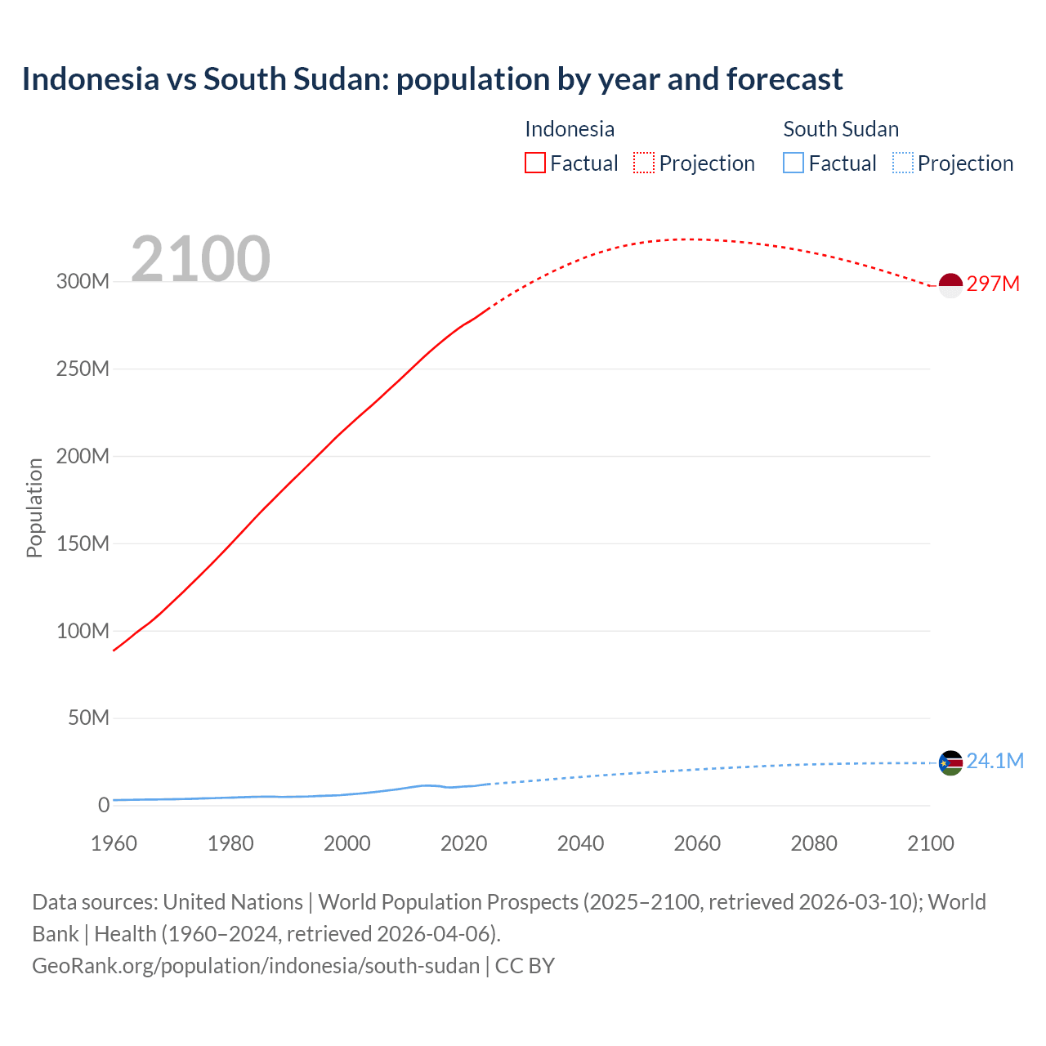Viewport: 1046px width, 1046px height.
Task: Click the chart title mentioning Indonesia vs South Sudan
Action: point(431,79)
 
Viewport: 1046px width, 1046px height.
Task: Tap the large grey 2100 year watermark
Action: point(200,259)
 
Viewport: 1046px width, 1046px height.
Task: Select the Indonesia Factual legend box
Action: point(535,163)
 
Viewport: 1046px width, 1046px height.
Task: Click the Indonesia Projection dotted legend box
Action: point(644,163)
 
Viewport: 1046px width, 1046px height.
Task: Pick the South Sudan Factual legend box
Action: point(793,163)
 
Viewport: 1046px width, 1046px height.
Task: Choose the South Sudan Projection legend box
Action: point(902,163)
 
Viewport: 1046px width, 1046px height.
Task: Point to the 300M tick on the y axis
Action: point(83,282)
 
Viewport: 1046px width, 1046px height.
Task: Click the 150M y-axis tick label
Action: point(83,543)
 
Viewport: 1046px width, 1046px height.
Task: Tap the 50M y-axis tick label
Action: point(88,718)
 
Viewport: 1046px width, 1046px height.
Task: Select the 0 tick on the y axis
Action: point(104,806)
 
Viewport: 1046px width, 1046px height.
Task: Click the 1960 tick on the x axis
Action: point(114,843)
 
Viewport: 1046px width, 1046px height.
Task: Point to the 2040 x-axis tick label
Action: point(580,843)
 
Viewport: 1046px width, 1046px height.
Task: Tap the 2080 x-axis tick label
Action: point(814,843)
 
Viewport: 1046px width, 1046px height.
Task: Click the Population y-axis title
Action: point(34,507)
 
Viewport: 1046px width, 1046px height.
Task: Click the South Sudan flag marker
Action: point(950,763)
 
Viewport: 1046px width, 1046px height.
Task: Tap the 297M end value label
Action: point(993,284)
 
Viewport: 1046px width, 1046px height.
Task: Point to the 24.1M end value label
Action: point(995,762)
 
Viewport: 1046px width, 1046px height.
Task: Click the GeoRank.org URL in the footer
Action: point(256,966)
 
